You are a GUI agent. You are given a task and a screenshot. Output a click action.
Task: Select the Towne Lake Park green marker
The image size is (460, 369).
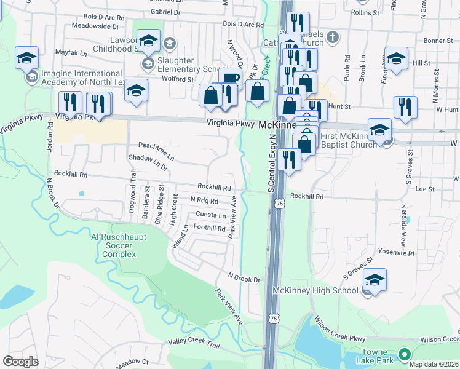(404, 354)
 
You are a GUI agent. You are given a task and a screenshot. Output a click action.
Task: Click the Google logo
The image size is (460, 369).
(20, 362)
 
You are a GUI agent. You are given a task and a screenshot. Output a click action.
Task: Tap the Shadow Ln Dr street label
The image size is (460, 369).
(148, 163)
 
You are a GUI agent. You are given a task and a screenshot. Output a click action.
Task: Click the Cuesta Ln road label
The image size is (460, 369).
(210, 214)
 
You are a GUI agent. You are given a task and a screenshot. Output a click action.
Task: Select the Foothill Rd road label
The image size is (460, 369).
(209, 228)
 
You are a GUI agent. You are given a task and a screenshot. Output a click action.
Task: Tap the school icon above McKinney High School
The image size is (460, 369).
(375, 280)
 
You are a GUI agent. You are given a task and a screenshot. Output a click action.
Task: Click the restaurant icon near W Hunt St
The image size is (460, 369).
(405, 107)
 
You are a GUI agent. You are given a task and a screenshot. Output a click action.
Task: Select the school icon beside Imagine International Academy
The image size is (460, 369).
(26, 58)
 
